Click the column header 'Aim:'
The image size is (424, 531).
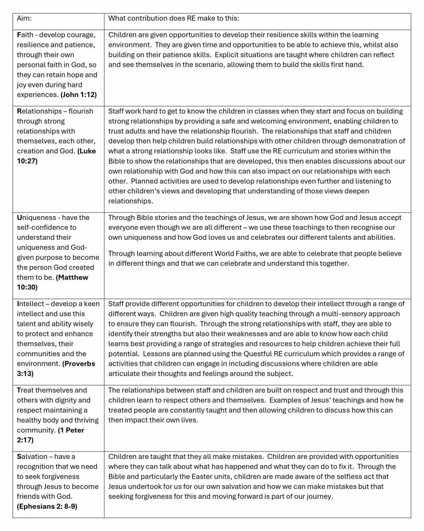pos(24,18)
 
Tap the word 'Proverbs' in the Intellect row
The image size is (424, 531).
pos(79,364)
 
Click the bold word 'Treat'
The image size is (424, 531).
pos(27,390)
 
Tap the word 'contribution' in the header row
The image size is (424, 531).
pos(153,18)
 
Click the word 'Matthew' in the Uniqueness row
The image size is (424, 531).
pos(72,277)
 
